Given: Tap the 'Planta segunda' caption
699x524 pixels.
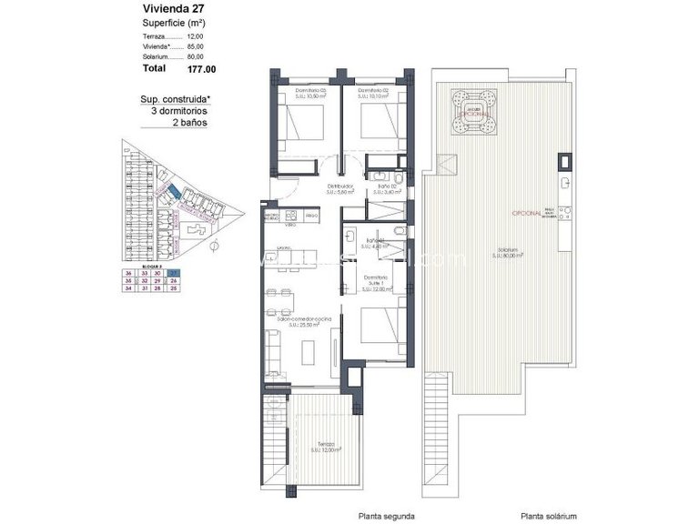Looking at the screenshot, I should pyautogui.click(x=386, y=513).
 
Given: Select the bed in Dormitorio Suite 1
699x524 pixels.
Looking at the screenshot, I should pyautogui.click(x=381, y=327).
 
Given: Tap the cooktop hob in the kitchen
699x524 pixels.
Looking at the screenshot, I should pyautogui.click(x=292, y=216).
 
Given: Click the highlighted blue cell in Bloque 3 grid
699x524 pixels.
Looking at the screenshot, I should pyautogui.click(x=173, y=273).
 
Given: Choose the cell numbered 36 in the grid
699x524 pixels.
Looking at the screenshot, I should pyautogui.click(x=129, y=273).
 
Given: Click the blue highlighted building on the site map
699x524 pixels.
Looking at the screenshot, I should pyautogui.click(x=172, y=191).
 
